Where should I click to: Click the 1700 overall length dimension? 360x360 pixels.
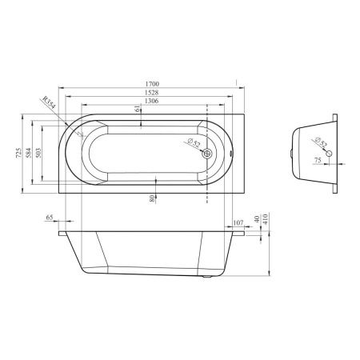(152, 84)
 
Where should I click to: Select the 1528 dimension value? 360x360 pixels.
(151, 92)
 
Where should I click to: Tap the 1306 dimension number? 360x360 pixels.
(151, 101)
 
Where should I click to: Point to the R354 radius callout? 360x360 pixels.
(49, 102)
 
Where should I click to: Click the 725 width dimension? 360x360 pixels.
(18, 153)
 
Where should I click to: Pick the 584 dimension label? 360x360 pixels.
(29, 153)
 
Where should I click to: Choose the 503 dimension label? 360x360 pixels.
(38, 153)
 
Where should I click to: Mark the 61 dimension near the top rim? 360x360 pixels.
(137, 109)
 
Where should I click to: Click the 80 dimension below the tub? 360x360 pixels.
(152, 198)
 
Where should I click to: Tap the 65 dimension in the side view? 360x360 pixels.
(50, 218)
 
